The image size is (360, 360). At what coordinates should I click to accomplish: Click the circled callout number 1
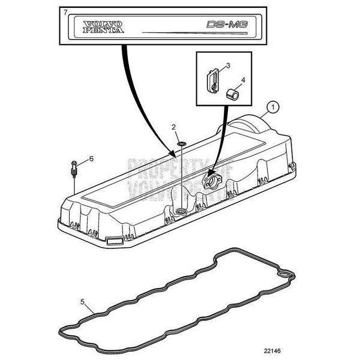coord(274,107)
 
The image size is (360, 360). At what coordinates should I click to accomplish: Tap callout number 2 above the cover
coord(173,127)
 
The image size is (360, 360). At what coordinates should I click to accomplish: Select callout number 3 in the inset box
coord(227,64)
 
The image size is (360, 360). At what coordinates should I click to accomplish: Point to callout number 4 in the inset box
coord(243,80)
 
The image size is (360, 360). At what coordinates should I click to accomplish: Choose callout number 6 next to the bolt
coord(91,158)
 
